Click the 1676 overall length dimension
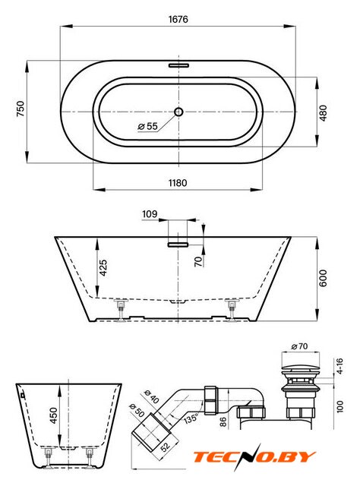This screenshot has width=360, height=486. click(x=178, y=19)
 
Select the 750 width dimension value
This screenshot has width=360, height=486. click(x=21, y=108)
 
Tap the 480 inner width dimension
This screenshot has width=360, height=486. click(x=323, y=113)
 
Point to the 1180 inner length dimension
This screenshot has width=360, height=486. click(x=178, y=183)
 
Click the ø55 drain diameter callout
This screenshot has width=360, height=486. click(x=147, y=126)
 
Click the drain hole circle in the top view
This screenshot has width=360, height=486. click(x=178, y=112)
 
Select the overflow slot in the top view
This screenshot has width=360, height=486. click(x=178, y=65)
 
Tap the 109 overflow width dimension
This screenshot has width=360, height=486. click(x=150, y=214)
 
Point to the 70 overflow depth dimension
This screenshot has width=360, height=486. click(x=198, y=261)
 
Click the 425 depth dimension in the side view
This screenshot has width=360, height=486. click(x=103, y=267)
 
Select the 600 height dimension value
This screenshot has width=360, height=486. click(x=323, y=278)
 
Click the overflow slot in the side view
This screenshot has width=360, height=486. click(x=178, y=245)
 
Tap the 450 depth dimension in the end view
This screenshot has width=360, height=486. click(x=53, y=415)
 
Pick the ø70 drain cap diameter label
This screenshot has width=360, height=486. click(x=299, y=346)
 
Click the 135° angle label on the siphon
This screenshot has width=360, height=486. click(x=191, y=418)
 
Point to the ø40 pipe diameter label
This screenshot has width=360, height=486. click(x=151, y=396)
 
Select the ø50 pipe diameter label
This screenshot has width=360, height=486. click(x=137, y=410)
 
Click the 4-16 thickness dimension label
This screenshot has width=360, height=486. click(x=339, y=366)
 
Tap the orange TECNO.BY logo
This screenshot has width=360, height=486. click(x=254, y=456)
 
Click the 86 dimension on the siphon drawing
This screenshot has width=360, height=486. click(x=223, y=421)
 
